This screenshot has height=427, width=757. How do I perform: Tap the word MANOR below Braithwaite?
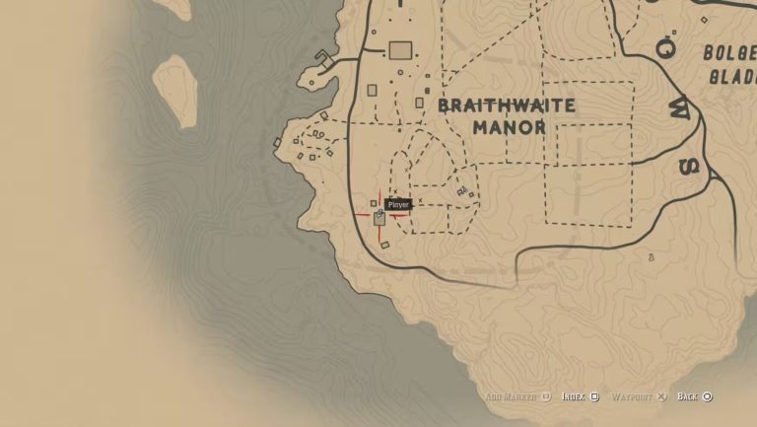point(509,127)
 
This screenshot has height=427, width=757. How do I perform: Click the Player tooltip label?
point(398,204)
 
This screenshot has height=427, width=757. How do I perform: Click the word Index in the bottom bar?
point(573,396)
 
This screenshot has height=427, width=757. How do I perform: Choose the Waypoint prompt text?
point(632,396)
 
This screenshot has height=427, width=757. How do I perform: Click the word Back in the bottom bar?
point(687,396)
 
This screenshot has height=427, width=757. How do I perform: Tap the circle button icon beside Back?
point(708,396)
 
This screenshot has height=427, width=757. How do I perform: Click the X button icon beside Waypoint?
point(662,396)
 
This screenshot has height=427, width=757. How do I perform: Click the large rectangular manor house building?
point(400,50)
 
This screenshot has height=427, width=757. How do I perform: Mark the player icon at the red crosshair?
point(379,216)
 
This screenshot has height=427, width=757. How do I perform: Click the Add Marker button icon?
point(544,396)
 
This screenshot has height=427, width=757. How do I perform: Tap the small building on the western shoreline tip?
point(278,142)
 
